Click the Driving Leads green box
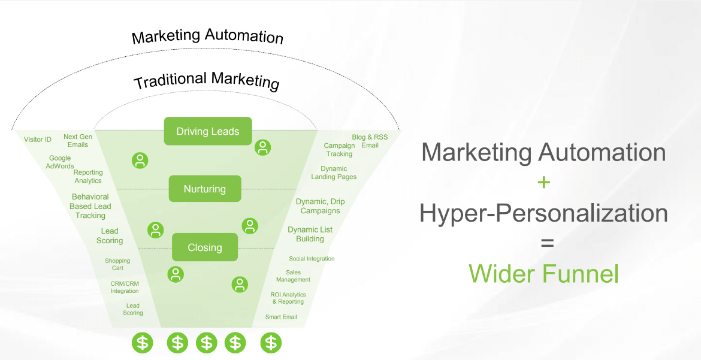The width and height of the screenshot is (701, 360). [208, 131]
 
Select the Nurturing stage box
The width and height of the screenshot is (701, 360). [205, 189]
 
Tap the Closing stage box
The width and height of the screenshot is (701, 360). [205, 247]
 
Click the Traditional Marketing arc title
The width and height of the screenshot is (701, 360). [207, 80]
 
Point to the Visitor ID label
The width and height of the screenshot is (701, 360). [38, 140]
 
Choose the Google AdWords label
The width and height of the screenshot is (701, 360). [60, 162]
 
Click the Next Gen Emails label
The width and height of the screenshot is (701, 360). [78, 141]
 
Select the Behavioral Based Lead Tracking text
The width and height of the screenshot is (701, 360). [90, 206]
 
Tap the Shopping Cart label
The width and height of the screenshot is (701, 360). [117, 264]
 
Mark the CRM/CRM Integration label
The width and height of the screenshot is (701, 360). [125, 288]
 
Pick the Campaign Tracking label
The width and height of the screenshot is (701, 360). [339, 150]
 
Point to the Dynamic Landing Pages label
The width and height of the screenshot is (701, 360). [334, 173]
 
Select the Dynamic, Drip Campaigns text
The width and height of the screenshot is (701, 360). [321, 206]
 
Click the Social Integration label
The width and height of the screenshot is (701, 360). [312, 259]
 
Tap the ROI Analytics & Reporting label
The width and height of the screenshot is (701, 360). [288, 298]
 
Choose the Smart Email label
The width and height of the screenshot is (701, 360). [281, 317]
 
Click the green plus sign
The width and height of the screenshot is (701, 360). [543, 182]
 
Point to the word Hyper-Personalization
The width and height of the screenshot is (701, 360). [543, 213]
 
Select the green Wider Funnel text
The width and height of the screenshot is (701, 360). [543, 274]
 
